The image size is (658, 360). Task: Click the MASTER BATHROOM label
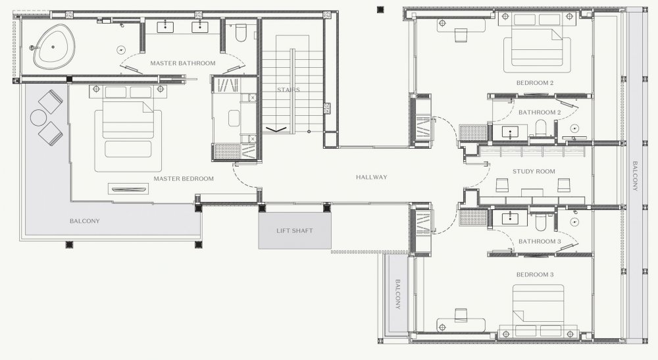click(183, 63)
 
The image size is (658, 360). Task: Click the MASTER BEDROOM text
click(184, 179)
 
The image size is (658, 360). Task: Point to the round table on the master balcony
click(39, 118)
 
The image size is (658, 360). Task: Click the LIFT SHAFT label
click(295, 231)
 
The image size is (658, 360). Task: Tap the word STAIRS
click(288, 90)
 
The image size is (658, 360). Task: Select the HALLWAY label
click(371, 177)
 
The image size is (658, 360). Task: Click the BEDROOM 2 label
click(534, 83)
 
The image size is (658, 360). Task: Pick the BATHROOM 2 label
click(540, 113)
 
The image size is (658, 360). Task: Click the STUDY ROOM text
click(534, 172)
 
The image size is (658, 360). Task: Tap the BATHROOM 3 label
click(540, 242)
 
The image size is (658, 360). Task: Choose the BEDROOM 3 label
click(534, 275)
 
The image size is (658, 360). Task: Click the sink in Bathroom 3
click(510, 219)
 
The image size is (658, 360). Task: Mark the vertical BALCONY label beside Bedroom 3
click(397, 294)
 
